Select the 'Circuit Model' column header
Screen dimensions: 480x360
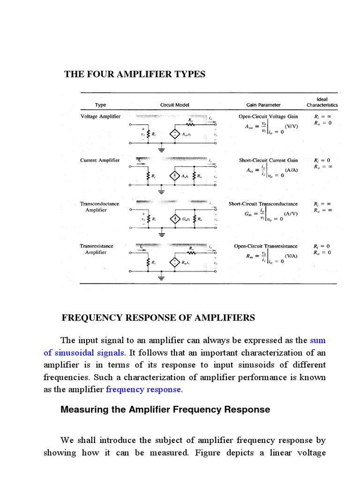click(x=174, y=105)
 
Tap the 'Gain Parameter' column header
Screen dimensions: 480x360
click(x=263, y=105)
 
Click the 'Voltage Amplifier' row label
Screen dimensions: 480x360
click(x=100, y=116)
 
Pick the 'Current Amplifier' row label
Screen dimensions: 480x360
click(x=100, y=160)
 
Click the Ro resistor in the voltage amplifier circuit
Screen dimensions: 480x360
click(x=191, y=124)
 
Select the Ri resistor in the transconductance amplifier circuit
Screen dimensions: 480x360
click(x=149, y=219)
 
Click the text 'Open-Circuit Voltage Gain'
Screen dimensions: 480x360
click(x=268, y=116)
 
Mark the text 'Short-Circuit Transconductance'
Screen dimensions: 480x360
click(x=263, y=204)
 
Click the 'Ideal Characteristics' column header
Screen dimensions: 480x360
click(x=322, y=102)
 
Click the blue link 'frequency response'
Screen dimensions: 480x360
click(x=143, y=389)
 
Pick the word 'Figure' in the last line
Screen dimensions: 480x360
click(x=209, y=453)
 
